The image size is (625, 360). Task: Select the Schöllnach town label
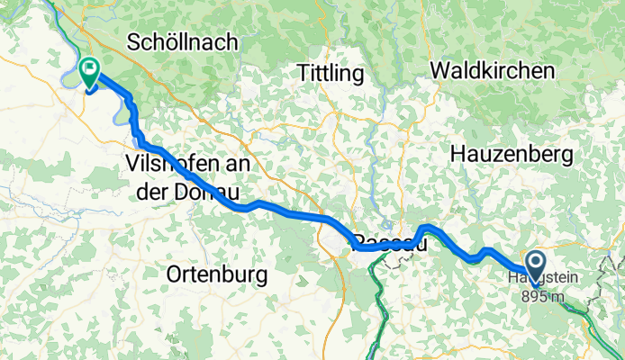click(x=183, y=41)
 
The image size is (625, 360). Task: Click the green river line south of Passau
click(x=377, y=306)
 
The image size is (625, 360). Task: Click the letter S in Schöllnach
click(x=135, y=41)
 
